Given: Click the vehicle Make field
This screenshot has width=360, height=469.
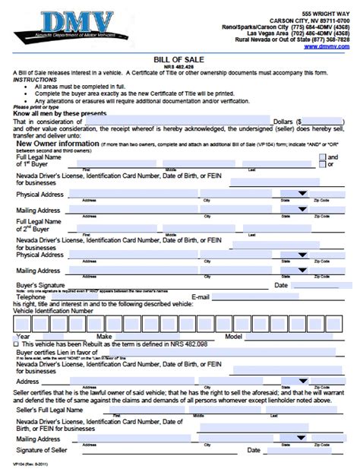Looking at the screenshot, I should [167, 336].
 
